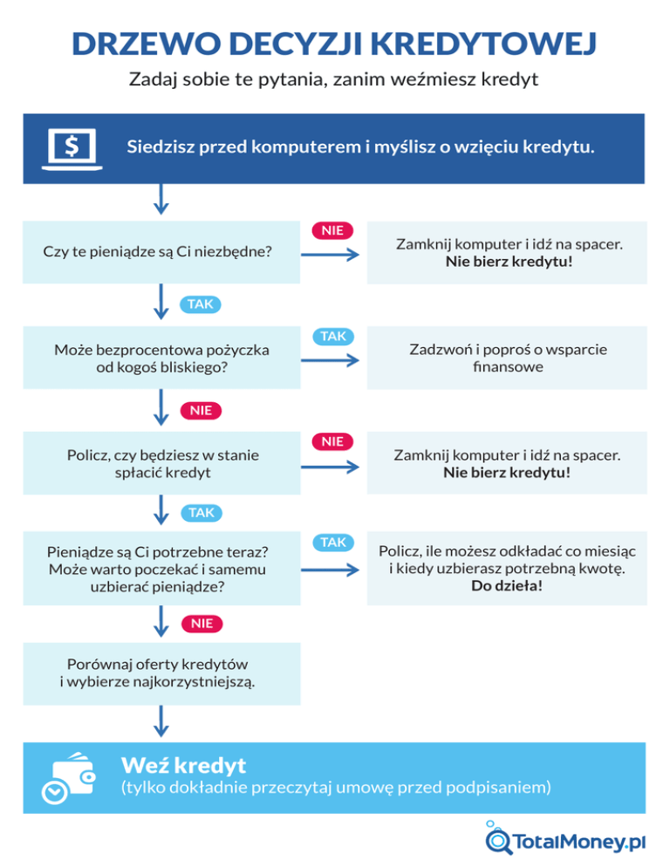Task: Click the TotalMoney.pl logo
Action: pyautogui.click(x=567, y=841)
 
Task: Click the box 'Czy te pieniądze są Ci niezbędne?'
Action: pyautogui.click(x=158, y=252)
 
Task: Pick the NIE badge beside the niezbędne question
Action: pyautogui.click(x=332, y=230)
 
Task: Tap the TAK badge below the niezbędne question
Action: pyautogui.click(x=200, y=304)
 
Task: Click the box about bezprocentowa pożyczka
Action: pyautogui.click(x=161, y=358)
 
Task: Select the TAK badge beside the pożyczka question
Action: pyautogui.click(x=332, y=336)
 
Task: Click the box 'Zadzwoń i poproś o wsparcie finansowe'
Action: pyautogui.click(x=508, y=358)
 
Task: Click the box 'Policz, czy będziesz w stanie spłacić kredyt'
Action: pyautogui.click(x=162, y=463)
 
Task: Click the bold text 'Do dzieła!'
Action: pyautogui.click(x=507, y=586)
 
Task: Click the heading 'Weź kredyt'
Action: pyautogui.click(x=183, y=766)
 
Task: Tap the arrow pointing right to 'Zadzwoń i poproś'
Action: pyautogui.click(x=331, y=360)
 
